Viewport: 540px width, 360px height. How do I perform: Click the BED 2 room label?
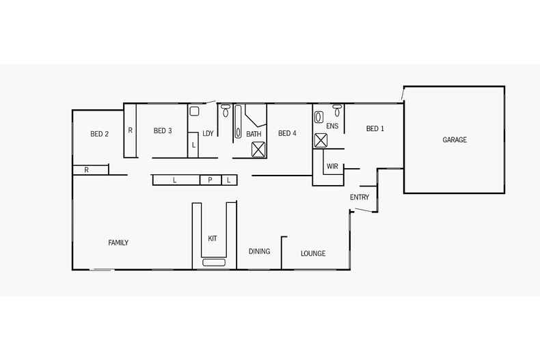tap(100, 134)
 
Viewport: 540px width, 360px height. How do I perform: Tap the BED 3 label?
tap(163, 130)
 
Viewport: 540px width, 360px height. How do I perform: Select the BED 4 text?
tap(287, 133)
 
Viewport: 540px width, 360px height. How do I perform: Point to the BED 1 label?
tap(375, 128)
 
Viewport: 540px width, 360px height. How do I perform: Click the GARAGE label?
tap(455, 140)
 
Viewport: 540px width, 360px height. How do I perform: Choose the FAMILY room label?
tap(118, 243)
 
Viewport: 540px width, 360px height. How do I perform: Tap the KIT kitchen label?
tap(213, 238)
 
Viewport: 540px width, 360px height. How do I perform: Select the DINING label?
tap(259, 251)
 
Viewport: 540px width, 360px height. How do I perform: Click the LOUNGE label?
tap(313, 253)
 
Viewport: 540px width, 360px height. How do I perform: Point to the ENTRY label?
tap(360, 197)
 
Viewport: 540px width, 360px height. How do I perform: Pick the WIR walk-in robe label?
tap(332, 166)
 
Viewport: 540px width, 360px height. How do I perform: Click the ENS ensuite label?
tap(332, 126)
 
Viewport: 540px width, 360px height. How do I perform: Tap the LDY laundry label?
tap(208, 133)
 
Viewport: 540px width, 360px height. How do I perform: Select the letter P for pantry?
tap(210, 180)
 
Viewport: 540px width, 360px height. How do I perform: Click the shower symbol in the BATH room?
tap(258, 150)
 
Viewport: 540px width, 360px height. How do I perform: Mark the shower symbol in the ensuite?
tap(321, 140)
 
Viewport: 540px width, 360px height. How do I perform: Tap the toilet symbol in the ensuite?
tap(337, 109)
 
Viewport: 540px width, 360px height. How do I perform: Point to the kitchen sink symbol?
tap(214, 262)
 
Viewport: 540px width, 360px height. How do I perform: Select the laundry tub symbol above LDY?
tap(194, 111)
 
